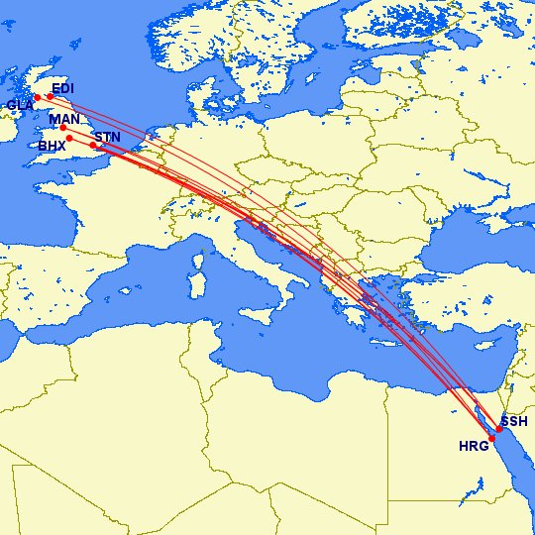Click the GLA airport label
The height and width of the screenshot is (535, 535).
[x=19, y=105]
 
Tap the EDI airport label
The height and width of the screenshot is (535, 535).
[x=62, y=88]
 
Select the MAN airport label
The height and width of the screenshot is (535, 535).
[x=63, y=119]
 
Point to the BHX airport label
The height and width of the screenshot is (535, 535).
[x=52, y=146]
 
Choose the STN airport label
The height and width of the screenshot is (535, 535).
[x=106, y=138]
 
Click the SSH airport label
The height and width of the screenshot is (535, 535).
[x=514, y=422]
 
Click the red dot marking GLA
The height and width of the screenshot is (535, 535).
[x=38, y=97]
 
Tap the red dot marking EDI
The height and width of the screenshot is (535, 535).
[x=51, y=96]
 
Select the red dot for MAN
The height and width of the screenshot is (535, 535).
[x=63, y=128]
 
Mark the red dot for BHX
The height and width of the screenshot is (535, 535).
[x=69, y=139]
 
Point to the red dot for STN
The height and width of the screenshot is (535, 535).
[x=93, y=146]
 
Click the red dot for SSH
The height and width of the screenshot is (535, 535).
[x=500, y=429]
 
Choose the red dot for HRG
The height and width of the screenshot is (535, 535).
[x=491, y=437]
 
